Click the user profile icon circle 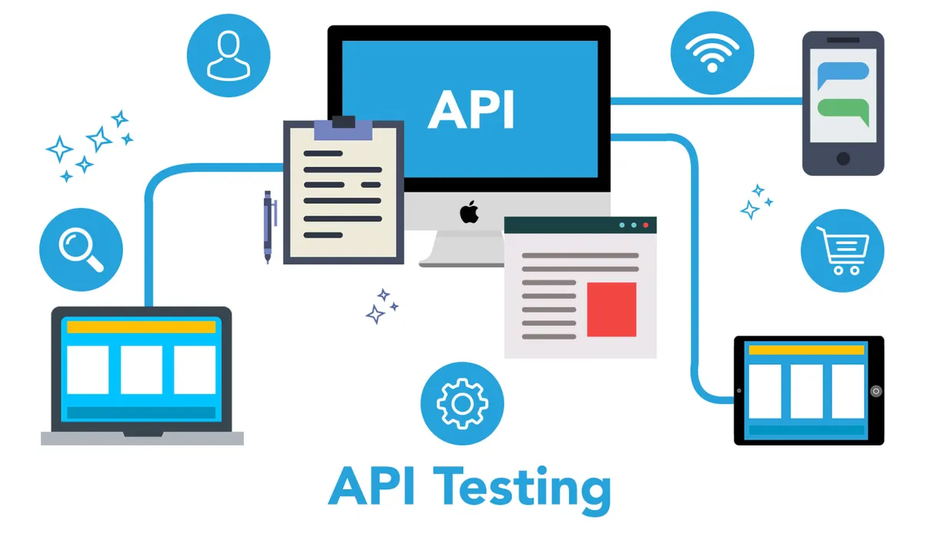(x=228, y=55)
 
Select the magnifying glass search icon (x=81, y=250)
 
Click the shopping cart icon (x=843, y=251)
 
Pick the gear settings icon (x=462, y=404)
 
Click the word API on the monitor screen (x=471, y=110)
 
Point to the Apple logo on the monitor (x=469, y=212)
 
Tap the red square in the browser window (x=611, y=310)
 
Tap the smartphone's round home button (x=843, y=159)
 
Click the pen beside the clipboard (x=268, y=227)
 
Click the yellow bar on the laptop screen (x=141, y=327)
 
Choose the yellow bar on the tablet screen (x=807, y=350)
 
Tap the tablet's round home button (x=876, y=391)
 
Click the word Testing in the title (x=522, y=486)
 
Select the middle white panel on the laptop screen (x=141, y=369)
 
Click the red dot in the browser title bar (x=646, y=226)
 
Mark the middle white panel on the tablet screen (x=807, y=391)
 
